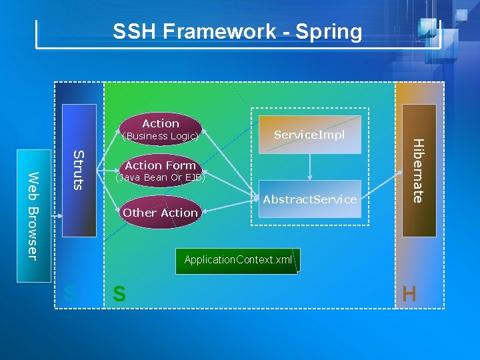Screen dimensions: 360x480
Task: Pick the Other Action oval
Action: (x=160, y=213)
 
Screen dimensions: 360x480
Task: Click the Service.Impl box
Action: (x=309, y=135)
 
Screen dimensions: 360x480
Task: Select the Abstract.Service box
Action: (x=309, y=199)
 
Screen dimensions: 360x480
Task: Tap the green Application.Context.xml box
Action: (x=238, y=260)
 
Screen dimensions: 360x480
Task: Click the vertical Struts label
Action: (x=78, y=170)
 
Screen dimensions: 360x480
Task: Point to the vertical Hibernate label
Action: (x=417, y=170)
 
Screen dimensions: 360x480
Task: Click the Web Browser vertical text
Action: (x=33, y=215)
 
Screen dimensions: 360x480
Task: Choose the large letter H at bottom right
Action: (x=409, y=294)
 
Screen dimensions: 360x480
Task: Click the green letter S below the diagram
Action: (x=119, y=294)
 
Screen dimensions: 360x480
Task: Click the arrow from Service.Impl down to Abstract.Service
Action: (x=309, y=167)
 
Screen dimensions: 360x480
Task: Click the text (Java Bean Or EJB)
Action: (x=160, y=178)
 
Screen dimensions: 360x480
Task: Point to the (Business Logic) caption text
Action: (x=160, y=136)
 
